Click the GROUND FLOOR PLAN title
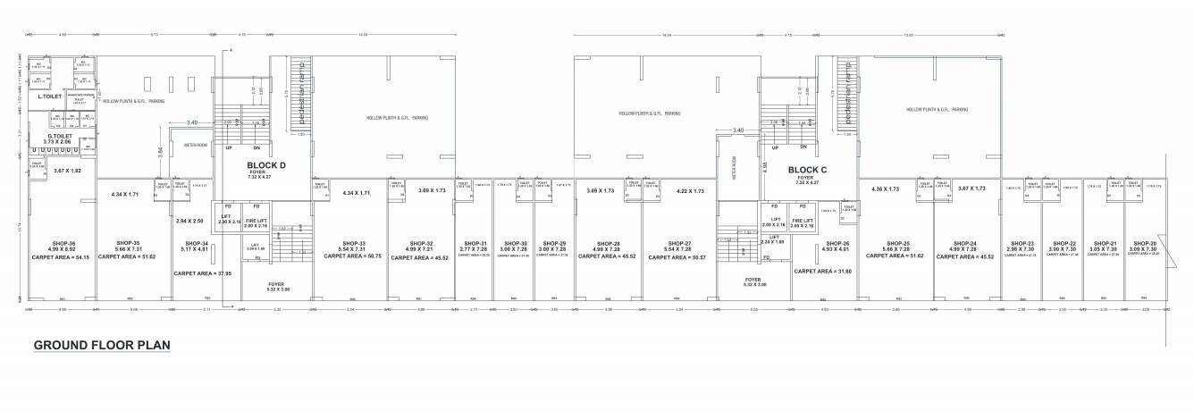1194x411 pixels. (x=102, y=346)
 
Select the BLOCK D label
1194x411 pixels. (x=266, y=165)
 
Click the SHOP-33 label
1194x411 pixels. (x=354, y=243)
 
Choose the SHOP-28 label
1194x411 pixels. (x=606, y=243)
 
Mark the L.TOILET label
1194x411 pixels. (x=49, y=96)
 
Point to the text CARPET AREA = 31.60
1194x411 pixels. (x=822, y=271)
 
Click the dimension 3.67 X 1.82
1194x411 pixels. (x=67, y=171)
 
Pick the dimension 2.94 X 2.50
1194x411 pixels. (x=189, y=220)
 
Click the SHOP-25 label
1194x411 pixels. (x=897, y=243)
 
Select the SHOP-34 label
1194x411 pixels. (x=196, y=243)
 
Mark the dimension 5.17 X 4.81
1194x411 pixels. (x=196, y=249)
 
